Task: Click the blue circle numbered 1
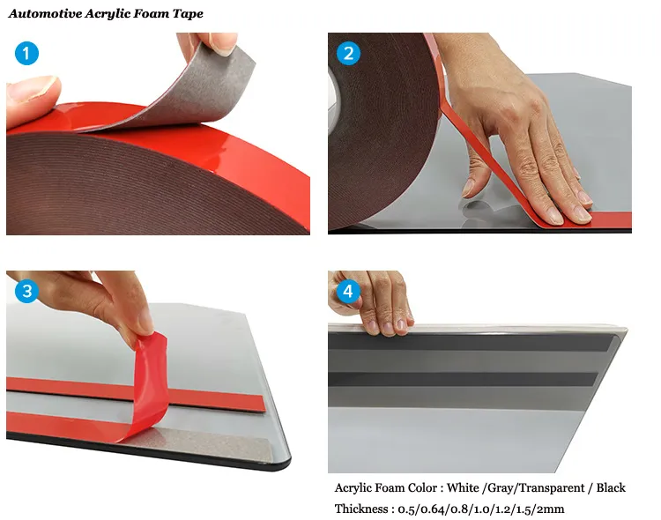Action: [26, 53]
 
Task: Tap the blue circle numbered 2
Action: [348, 53]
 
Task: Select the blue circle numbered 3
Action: [26, 291]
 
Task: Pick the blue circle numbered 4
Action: [348, 291]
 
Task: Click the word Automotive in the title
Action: [45, 13]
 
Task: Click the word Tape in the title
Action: [188, 14]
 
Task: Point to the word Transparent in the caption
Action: [551, 488]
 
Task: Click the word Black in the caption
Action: [611, 488]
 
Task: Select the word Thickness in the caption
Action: [361, 509]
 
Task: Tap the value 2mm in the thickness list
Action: [550, 509]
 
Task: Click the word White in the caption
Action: [463, 488]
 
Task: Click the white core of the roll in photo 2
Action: [333, 101]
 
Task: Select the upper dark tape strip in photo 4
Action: [470, 342]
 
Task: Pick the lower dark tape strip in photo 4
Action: [463, 379]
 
